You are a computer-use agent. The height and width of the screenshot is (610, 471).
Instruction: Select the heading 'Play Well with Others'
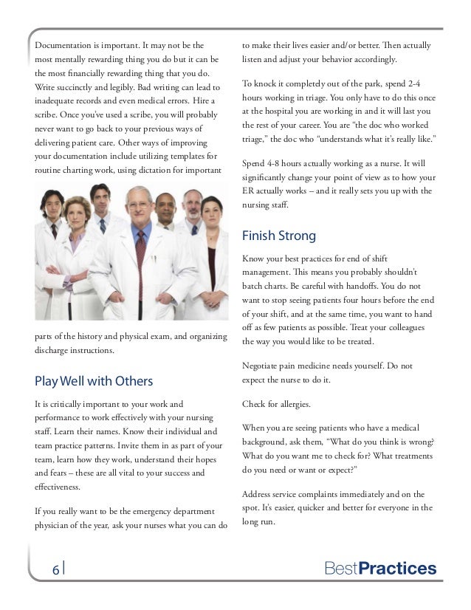(x=94, y=382)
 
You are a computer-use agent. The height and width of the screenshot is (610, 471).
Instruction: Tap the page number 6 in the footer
(x=55, y=569)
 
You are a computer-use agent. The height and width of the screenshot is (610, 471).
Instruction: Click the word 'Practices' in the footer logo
(x=403, y=569)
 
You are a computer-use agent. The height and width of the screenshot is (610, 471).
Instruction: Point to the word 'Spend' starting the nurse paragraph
(x=255, y=163)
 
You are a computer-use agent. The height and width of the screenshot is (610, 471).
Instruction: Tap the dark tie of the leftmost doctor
(x=54, y=230)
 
